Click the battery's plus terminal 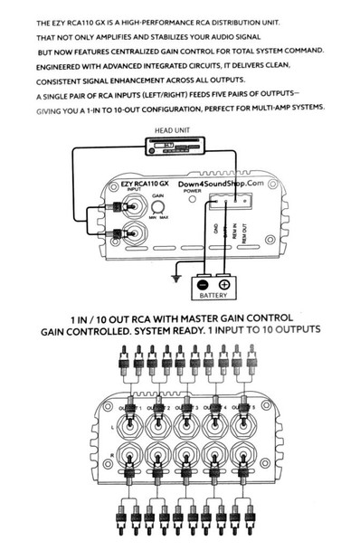coord(224,283)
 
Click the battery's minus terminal coord(198,283)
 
